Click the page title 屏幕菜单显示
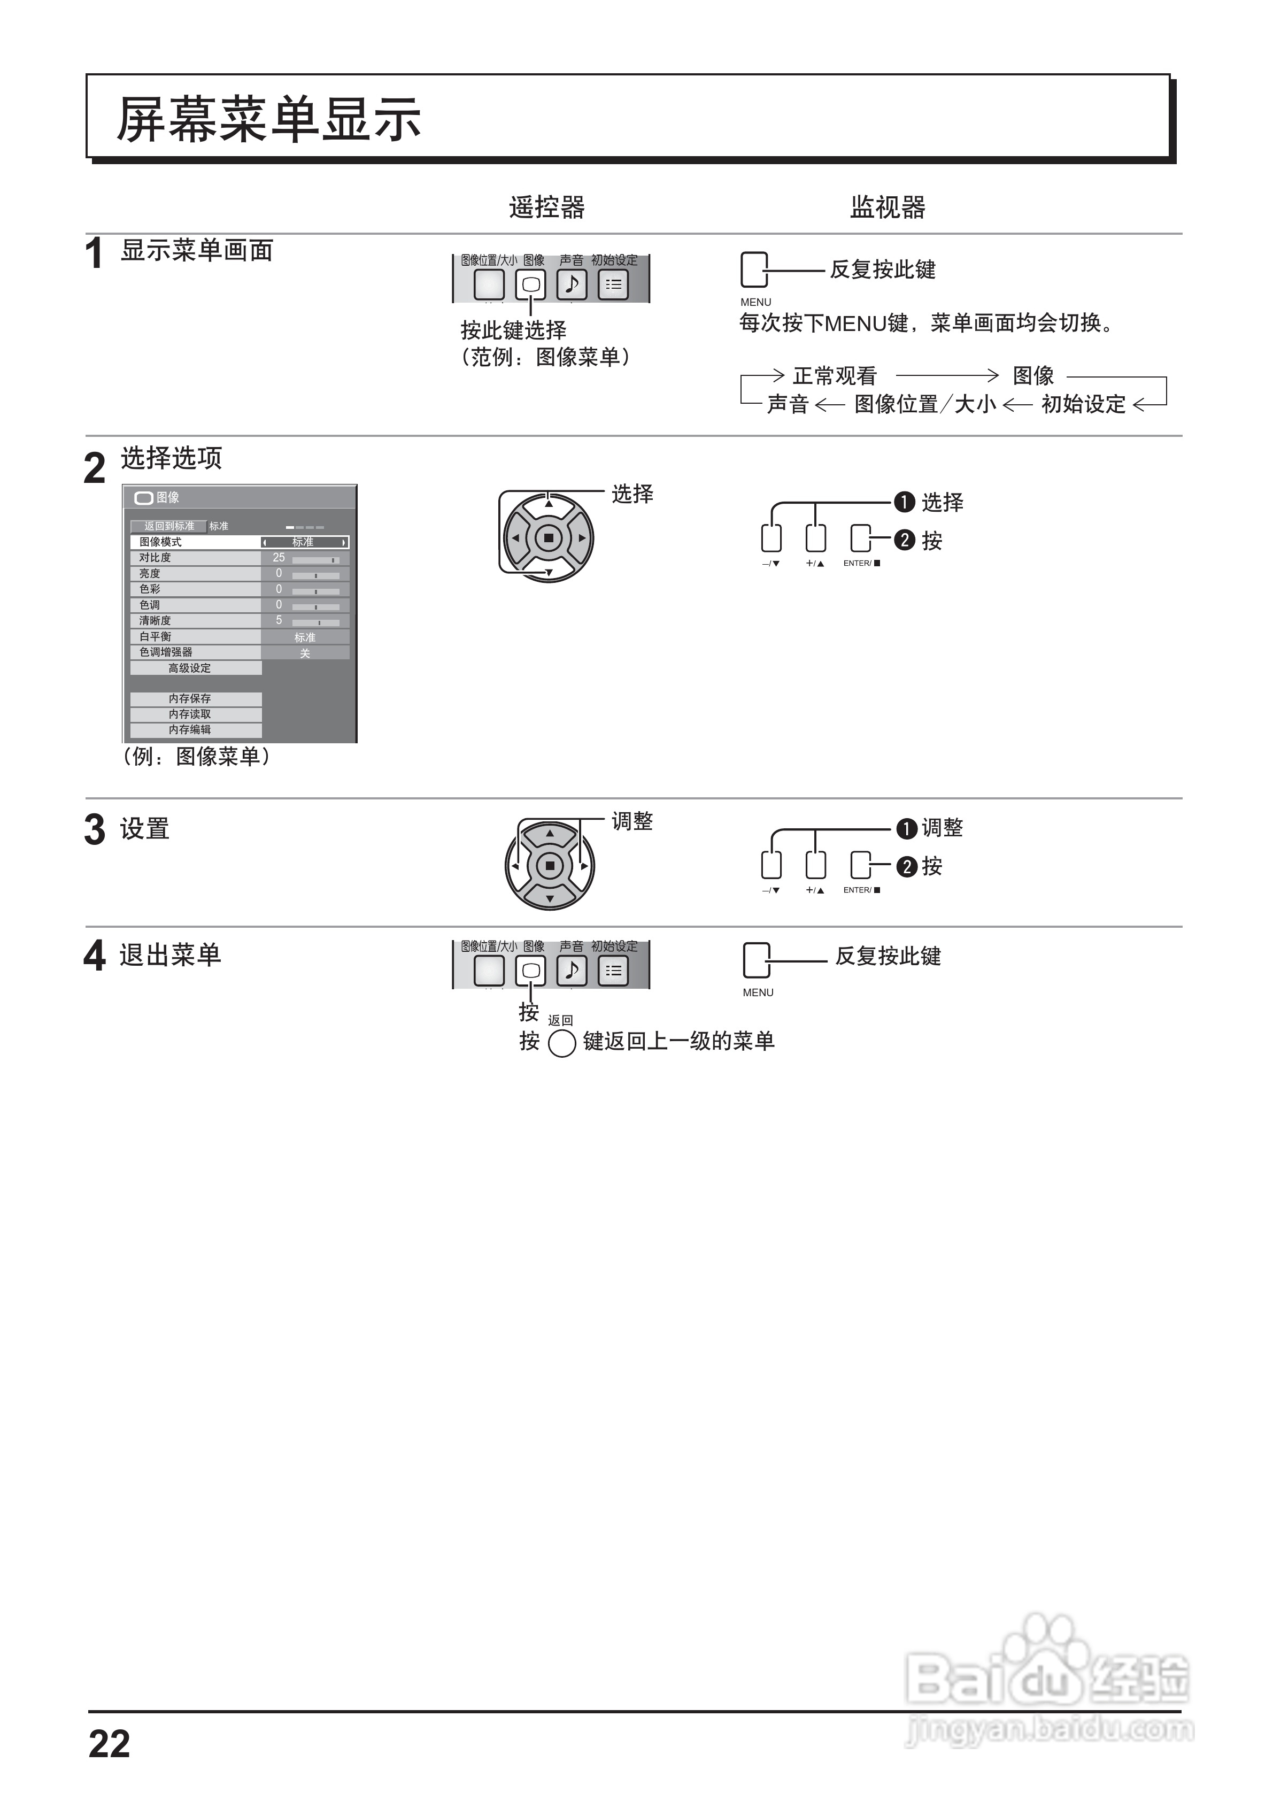pos(268,119)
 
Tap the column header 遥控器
pos(547,207)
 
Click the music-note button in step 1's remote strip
pos(572,284)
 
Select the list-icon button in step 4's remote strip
pos(613,971)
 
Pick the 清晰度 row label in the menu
pos(155,620)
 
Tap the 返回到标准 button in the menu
pos(168,526)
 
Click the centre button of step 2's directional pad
pos(548,538)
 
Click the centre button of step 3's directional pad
pos(550,866)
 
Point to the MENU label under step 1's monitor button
pos(755,302)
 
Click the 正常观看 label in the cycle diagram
pos(835,376)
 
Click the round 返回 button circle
pos(561,1043)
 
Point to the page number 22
pos(109,1744)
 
